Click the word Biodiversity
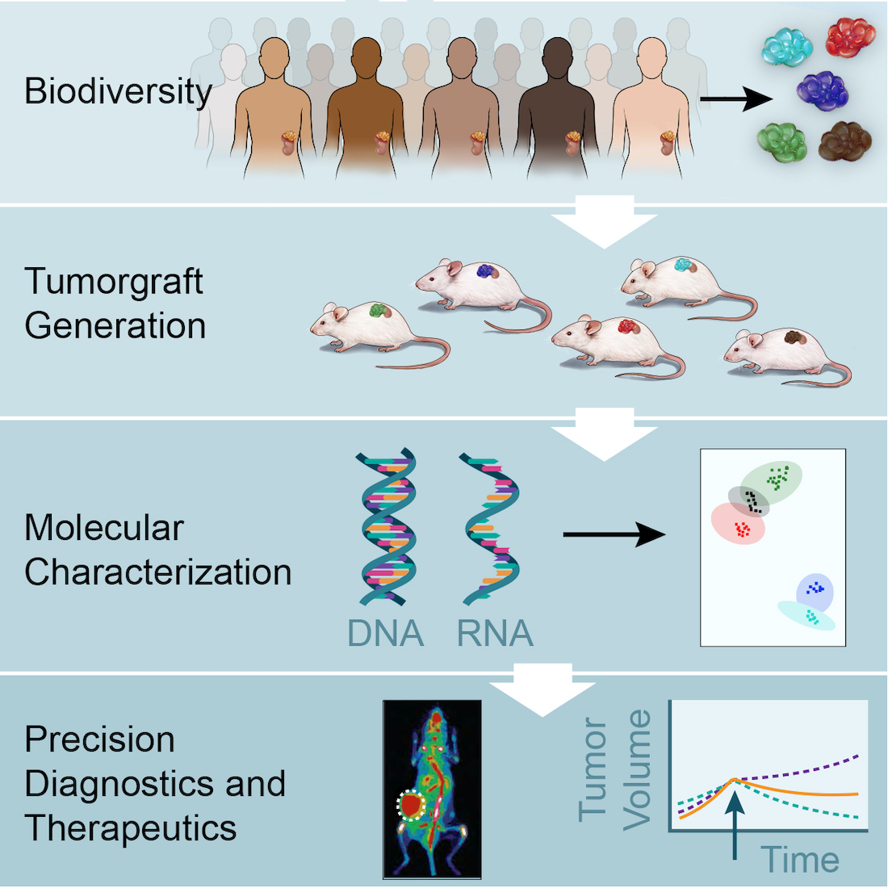click(118, 91)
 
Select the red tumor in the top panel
click(850, 38)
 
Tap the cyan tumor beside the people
click(788, 47)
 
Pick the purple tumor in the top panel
click(823, 90)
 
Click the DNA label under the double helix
click(385, 633)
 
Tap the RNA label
click(495, 633)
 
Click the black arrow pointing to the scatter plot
click(614, 534)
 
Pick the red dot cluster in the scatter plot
click(741, 530)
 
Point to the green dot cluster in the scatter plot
click(777, 478)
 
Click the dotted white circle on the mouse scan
click(412, 804)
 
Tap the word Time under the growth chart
click(799, 860)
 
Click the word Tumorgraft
click(114, 282)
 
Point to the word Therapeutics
click(131, 827)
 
